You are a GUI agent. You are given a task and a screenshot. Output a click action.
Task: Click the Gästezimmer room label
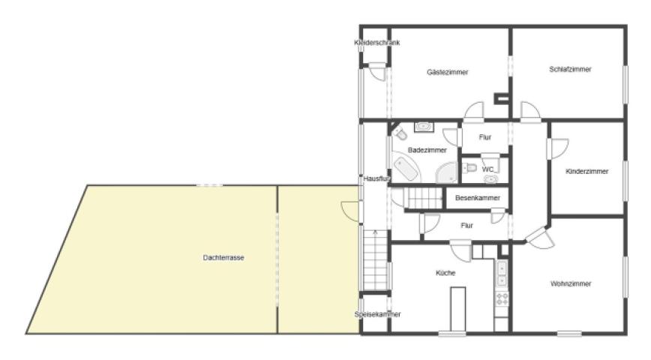click(447, 72)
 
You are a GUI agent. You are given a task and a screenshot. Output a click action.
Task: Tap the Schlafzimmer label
click(570, 69)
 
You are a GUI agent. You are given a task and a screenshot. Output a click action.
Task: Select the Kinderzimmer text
click(586, 171)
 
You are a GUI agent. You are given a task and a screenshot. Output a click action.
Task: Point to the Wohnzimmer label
click(571, 284)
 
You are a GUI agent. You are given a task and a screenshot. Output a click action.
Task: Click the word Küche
click(445, 273)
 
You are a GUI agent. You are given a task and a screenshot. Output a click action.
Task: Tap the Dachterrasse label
click(223, 258)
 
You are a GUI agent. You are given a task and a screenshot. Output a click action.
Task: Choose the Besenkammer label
click(478, 198)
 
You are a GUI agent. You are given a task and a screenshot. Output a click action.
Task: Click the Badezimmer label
click(427, 150)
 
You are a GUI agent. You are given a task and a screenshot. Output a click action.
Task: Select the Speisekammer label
click(377, 314)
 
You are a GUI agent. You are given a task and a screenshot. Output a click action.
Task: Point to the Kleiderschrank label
click(377, 42)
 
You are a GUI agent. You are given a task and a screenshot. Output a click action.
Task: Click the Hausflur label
click(377, 178)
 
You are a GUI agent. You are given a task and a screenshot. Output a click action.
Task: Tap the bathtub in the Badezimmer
click(405, 169)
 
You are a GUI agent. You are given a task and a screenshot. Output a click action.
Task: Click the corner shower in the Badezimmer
click(446, 172)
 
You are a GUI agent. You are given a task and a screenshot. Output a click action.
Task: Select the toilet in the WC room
click(470, 168)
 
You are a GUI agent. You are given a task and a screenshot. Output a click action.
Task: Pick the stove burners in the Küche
click(502, 298)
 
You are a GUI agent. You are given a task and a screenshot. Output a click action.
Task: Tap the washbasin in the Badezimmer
click(424, 126)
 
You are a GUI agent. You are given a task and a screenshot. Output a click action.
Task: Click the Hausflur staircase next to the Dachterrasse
click(375, 260)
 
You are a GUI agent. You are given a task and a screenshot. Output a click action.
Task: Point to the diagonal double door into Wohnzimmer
click(540, 238)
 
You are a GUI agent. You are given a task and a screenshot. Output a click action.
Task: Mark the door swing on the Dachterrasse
click(350, 211)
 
